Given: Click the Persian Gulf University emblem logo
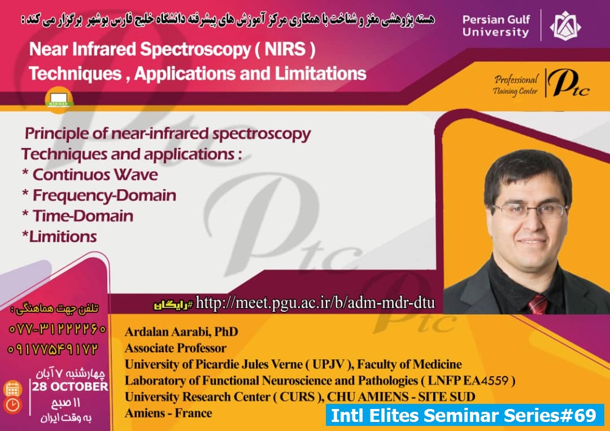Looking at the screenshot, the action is (x=565, y=25).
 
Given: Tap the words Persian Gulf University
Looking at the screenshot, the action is (x=496, y=25).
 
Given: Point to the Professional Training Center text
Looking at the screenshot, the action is (x=515, y=85).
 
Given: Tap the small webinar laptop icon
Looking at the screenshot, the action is (x=59, y=99).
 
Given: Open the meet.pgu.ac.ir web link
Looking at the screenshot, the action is (x=315, y=303).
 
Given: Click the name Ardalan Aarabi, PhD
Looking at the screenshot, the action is (x=181, y=332).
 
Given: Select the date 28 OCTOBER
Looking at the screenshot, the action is (x=70, y=386).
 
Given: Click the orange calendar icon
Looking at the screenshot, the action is (x=12, y=389).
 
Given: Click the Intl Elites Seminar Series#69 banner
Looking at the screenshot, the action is (x=464, y=415).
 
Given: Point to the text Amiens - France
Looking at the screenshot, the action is (x=168, y=413).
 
